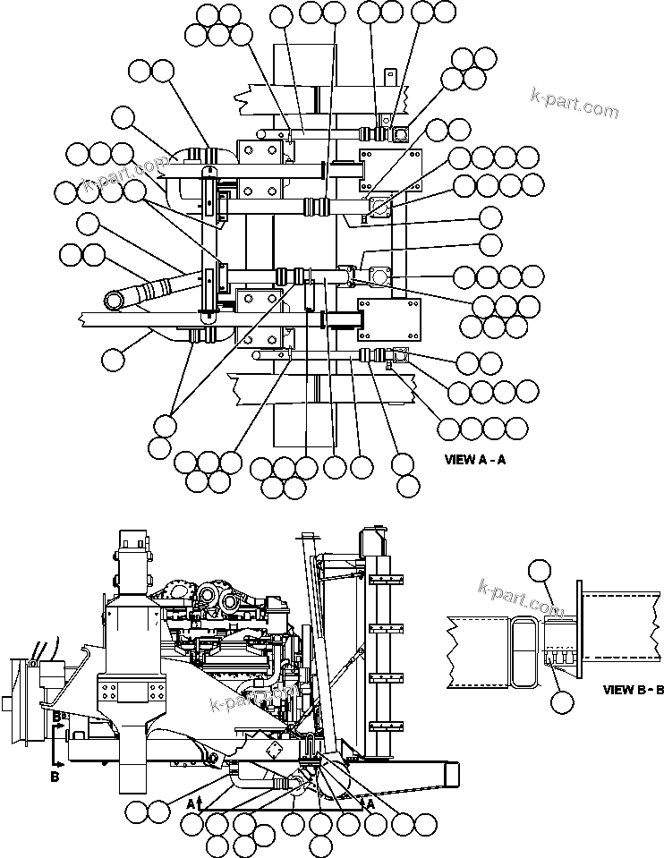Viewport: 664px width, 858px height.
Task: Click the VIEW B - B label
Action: click(x=633, y=690)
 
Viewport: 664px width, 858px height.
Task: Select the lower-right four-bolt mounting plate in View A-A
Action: click(x=390, y=319)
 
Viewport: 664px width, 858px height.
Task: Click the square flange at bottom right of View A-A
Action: click(x=398, y=356)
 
